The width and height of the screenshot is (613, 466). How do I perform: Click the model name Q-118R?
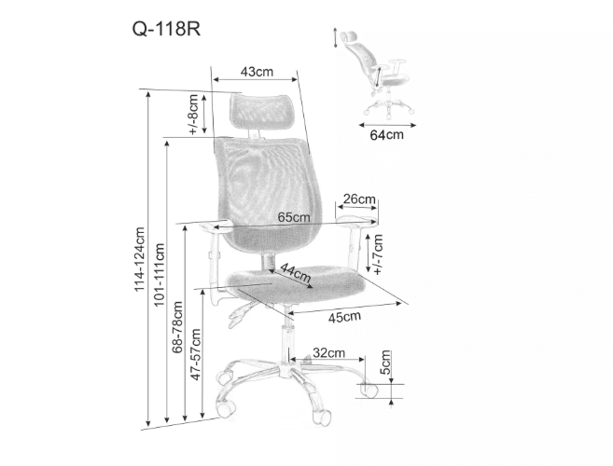point(166,29)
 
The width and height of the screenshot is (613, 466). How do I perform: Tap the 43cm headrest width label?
point(257,72)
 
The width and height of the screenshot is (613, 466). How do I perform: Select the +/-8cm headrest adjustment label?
point(193,115)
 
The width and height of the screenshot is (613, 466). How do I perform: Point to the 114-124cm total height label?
point(140,259)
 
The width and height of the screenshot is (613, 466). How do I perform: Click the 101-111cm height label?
point(160,275)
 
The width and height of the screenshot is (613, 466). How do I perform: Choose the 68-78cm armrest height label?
point(177,327)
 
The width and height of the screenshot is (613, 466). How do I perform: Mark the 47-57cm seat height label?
point(196,354)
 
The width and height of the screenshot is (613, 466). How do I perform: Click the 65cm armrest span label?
point(294,217)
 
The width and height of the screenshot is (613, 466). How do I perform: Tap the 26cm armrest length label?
point(359,199)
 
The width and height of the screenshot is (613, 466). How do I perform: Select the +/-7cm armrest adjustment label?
point(378,254)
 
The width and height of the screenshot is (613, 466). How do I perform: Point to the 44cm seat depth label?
point(296,273)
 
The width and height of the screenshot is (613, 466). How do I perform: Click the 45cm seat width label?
point(344,317)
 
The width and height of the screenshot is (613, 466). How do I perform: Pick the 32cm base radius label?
point(329,352)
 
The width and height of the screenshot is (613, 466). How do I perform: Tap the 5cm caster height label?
point(386,363)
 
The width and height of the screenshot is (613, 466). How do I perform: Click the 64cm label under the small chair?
point(386,135)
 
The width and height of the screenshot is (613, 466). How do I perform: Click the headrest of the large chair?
point(261,111)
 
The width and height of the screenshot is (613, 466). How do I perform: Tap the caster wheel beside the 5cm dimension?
point(369,391)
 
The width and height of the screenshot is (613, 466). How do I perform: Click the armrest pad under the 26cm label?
point(356,220)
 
